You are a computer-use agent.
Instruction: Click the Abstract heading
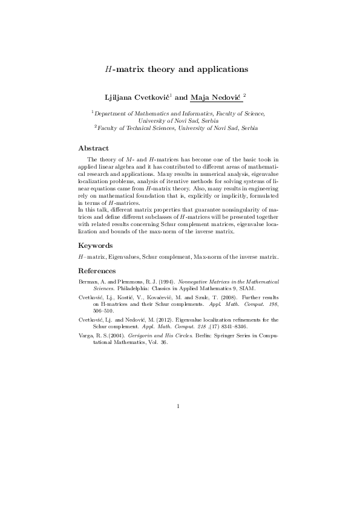click(94, 148)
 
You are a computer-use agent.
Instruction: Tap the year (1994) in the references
click(151, 282)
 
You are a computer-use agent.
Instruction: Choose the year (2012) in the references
click(163, 319)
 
